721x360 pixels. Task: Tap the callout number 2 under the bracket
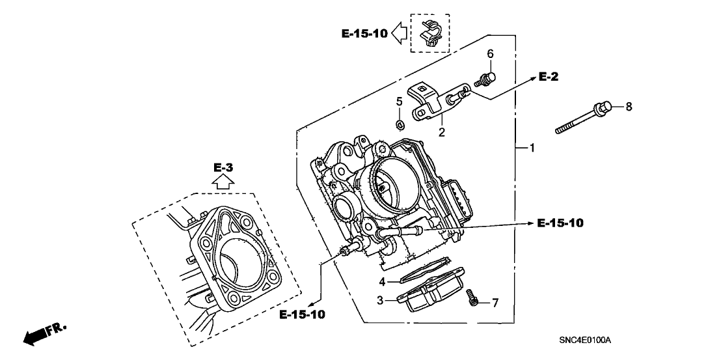pos(441,133)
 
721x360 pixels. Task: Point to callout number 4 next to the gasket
pos(383,282)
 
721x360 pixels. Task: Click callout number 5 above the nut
pos(400,102)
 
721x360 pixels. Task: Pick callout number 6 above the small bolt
pos(491,53)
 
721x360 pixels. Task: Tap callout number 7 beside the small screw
pos(495,303)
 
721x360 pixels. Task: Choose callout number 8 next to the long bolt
pos(629,105)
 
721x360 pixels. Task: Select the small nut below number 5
pos(401,123)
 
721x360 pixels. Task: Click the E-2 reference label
pos(549,77)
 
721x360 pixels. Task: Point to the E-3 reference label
pos(223,168)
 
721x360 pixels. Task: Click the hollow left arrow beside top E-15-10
pos(400,33)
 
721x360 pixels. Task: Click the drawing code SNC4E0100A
pos(588,340)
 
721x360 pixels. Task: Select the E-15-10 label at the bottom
pos(302,314)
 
